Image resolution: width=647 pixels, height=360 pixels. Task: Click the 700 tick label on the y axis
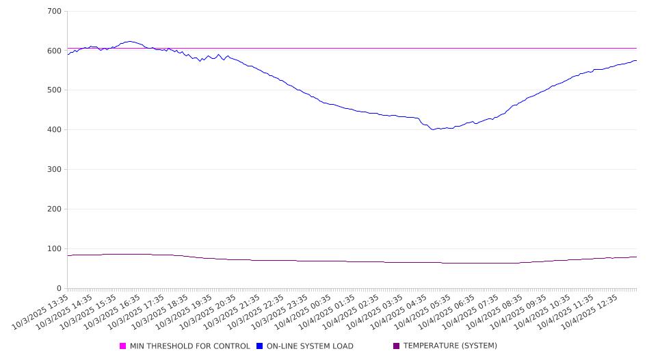[x=55, y=12]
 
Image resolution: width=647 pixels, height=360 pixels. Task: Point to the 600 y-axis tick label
[x=55, y=51]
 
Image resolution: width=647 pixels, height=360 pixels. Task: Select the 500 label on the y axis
[x=55, y=90]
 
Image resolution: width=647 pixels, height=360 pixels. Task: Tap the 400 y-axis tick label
[x=55, y=130]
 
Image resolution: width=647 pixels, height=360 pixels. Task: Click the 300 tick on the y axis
[x=55, y=170]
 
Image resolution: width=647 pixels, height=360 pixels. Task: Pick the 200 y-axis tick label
[x=55, y=209]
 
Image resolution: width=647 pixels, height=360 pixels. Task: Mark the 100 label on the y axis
[x=55, y=249]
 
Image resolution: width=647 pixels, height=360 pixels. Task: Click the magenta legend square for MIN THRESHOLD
[x=123, y=346]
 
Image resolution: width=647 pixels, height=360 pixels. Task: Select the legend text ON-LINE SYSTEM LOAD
[x=310, y=346]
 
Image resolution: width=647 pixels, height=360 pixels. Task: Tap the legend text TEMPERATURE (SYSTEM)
[x=450, y=346]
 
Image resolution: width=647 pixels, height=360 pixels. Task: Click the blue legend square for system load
[x=260, y=346]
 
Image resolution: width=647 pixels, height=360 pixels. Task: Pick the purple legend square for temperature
[x=397, y=346]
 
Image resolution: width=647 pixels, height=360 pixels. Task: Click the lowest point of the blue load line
[x=433, y=129]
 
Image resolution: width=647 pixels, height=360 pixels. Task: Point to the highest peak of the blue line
[x=129, y=41]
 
